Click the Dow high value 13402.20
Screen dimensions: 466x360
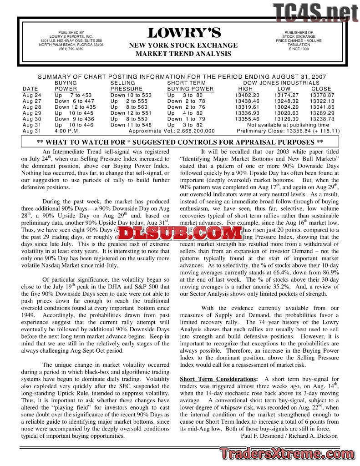(247, 95)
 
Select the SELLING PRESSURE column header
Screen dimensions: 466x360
(126, 86)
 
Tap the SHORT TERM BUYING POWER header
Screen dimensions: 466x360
(190, 86)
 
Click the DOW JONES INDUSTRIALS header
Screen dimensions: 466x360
(281, 83)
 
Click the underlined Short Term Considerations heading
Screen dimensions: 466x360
(218, 379)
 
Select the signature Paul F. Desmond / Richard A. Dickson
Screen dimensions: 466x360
(289, 436)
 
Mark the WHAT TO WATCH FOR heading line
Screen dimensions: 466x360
(180, 142)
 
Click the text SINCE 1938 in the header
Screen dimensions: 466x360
(299, 49)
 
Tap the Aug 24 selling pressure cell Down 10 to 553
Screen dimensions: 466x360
(131, 95)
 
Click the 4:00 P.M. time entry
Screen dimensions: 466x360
(67, 131)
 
